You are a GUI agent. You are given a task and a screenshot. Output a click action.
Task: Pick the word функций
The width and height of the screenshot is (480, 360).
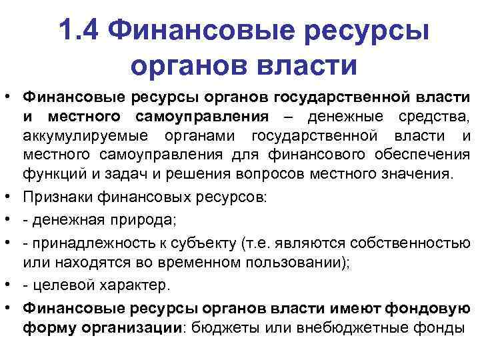50,175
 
